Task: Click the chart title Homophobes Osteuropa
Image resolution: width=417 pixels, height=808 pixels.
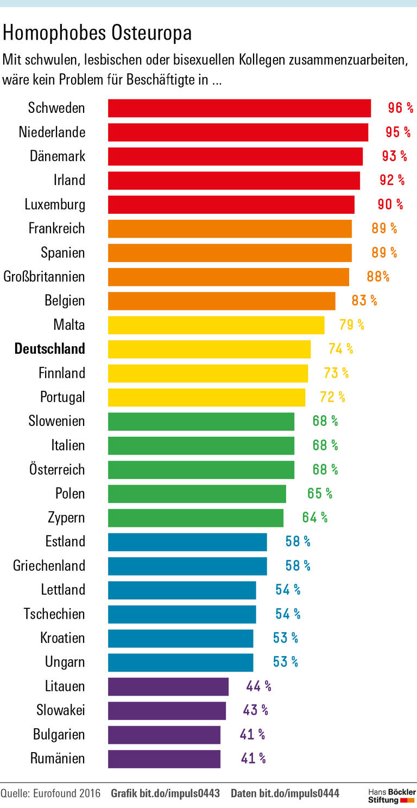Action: point(98,34)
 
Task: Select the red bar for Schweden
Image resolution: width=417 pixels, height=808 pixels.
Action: point(239,108)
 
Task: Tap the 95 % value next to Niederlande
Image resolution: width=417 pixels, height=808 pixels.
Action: point(398,132)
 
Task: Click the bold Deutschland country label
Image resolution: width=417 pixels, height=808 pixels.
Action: point(50,348)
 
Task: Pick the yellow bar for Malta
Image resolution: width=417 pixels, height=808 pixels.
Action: point(216,325)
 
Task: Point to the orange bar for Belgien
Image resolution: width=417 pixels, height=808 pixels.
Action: point(222,301)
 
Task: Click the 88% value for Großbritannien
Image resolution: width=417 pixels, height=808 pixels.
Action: point(378,277)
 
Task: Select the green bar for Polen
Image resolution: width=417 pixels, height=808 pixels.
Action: point(197,494)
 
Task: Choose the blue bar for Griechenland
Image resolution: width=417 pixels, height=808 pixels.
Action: point(187,566)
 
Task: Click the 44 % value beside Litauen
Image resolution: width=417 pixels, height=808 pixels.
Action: point(258,686)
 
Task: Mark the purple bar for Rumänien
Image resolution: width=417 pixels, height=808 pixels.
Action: point(164,759)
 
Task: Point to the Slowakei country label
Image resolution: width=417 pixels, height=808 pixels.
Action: point(61,710)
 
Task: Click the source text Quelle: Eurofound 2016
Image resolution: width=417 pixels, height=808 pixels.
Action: point(50,793)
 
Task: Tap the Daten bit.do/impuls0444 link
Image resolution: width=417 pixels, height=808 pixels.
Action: point(285,793)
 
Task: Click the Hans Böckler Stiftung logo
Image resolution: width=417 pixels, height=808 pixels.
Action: point(391,796)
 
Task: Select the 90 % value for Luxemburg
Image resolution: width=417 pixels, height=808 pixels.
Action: point(390,205)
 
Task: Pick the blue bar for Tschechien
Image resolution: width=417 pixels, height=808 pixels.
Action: point(182,614)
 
